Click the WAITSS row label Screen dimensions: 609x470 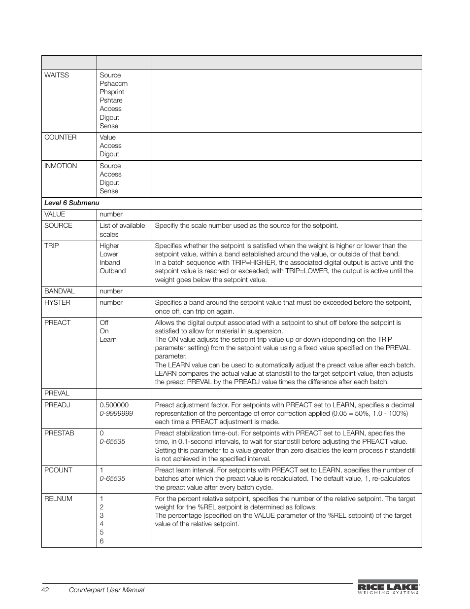[x=57, y=75]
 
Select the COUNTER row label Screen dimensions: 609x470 [x=60, y=138]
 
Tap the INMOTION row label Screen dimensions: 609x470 [x=61, y=166]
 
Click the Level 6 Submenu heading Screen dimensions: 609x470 [x=71, y=203]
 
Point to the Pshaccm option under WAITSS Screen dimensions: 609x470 [x=113, y=84]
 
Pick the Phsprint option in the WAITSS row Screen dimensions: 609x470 [x=112, y=92]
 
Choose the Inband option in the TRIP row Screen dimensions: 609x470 [x=110, y=263]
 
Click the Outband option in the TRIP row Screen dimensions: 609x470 [x=112, y=271]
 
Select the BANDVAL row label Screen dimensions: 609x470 [x=60, y=291]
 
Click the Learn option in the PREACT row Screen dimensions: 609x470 [x=108, y=340]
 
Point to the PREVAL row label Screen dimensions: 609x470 [x=57, y=394]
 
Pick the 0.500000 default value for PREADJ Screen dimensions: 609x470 [x=114, y=405]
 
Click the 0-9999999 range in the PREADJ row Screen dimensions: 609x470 [x=116, y=414]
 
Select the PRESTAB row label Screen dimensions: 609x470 [x=59, y=433]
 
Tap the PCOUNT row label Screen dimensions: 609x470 [x=58, y=470]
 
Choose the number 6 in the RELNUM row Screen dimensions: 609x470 [x=101, y=541]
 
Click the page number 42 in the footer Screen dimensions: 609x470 [x=45, y=590]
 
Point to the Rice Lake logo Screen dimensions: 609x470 [x=388, y=588]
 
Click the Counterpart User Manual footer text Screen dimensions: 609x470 [x=106, y=590]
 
